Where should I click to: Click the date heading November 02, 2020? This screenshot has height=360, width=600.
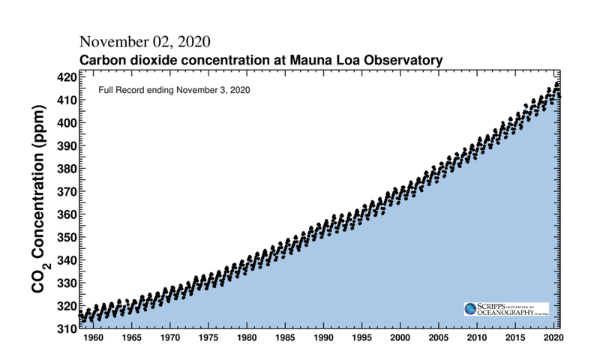pyautogui.click(x=145, y=40)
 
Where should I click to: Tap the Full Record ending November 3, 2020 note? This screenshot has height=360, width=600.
pyautogui.click(x=174, y=90)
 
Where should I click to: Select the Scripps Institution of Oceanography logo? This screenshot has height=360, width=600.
pyautogui.click(x=506, y=309)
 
